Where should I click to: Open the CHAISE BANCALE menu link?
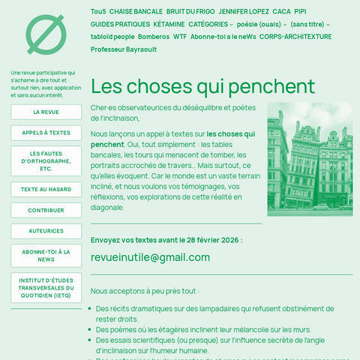pyautogui.click(x=136, y=12)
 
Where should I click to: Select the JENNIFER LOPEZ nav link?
pyautogui.click(x=244, y=12)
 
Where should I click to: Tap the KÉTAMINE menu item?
pyautogui.click(x=169, y=24)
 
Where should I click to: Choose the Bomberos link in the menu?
pyautogui.click(x=153, y=37)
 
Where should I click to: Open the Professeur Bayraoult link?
pyautogui.click(x=124, y=49)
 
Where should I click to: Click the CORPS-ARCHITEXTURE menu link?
pyautogui.click(x=295, y=37)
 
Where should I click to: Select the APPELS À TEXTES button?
pyautogui.click(x=46, y=133)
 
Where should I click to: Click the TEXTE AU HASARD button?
pyautogui.click(x=46, y=190)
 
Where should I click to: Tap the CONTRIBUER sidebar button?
pyautogui.click(x=46, y=211)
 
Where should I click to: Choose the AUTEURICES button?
pyautogui.click(x=46, y=231)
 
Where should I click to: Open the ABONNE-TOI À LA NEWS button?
pyautogui.click(x=46, y=256)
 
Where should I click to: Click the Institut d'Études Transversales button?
pyautogui.click(x=46, y=288)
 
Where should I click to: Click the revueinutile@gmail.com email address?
pyautogui.click(x=150, y=257)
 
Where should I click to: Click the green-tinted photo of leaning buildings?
pyautogui.click(x=309, y=159)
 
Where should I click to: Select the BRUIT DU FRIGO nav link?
pyautogui.click(x=190, y=12)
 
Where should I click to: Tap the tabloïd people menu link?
pyautogui.click(x=112, y=37)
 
